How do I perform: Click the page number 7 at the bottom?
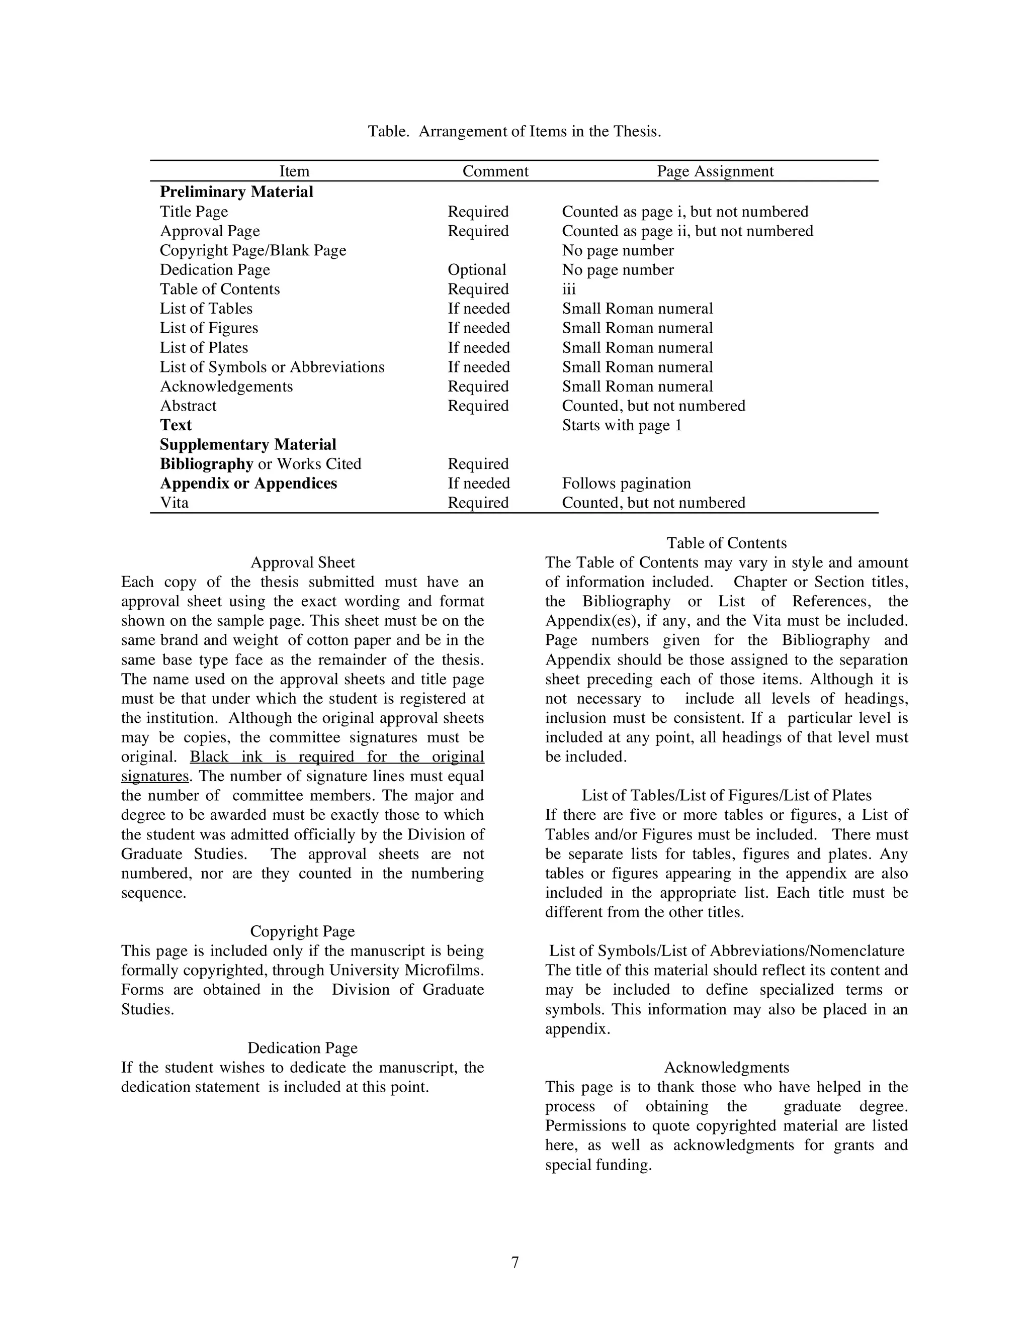514,1263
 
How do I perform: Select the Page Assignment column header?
715,171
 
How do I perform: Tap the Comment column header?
495,171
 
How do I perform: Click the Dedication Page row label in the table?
215,269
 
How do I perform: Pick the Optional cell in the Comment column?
477,269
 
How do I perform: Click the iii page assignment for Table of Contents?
569,289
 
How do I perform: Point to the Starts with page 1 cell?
621,425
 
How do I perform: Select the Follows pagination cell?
626,484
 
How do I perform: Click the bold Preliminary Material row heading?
236,192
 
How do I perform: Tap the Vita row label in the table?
174,503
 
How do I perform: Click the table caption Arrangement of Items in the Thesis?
514,132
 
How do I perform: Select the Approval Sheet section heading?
303,562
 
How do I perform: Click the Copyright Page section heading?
302,932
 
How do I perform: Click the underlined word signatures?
155,777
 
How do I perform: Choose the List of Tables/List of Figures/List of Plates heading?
726,796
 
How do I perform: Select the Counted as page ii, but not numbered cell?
687,231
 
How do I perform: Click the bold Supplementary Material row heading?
248,445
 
